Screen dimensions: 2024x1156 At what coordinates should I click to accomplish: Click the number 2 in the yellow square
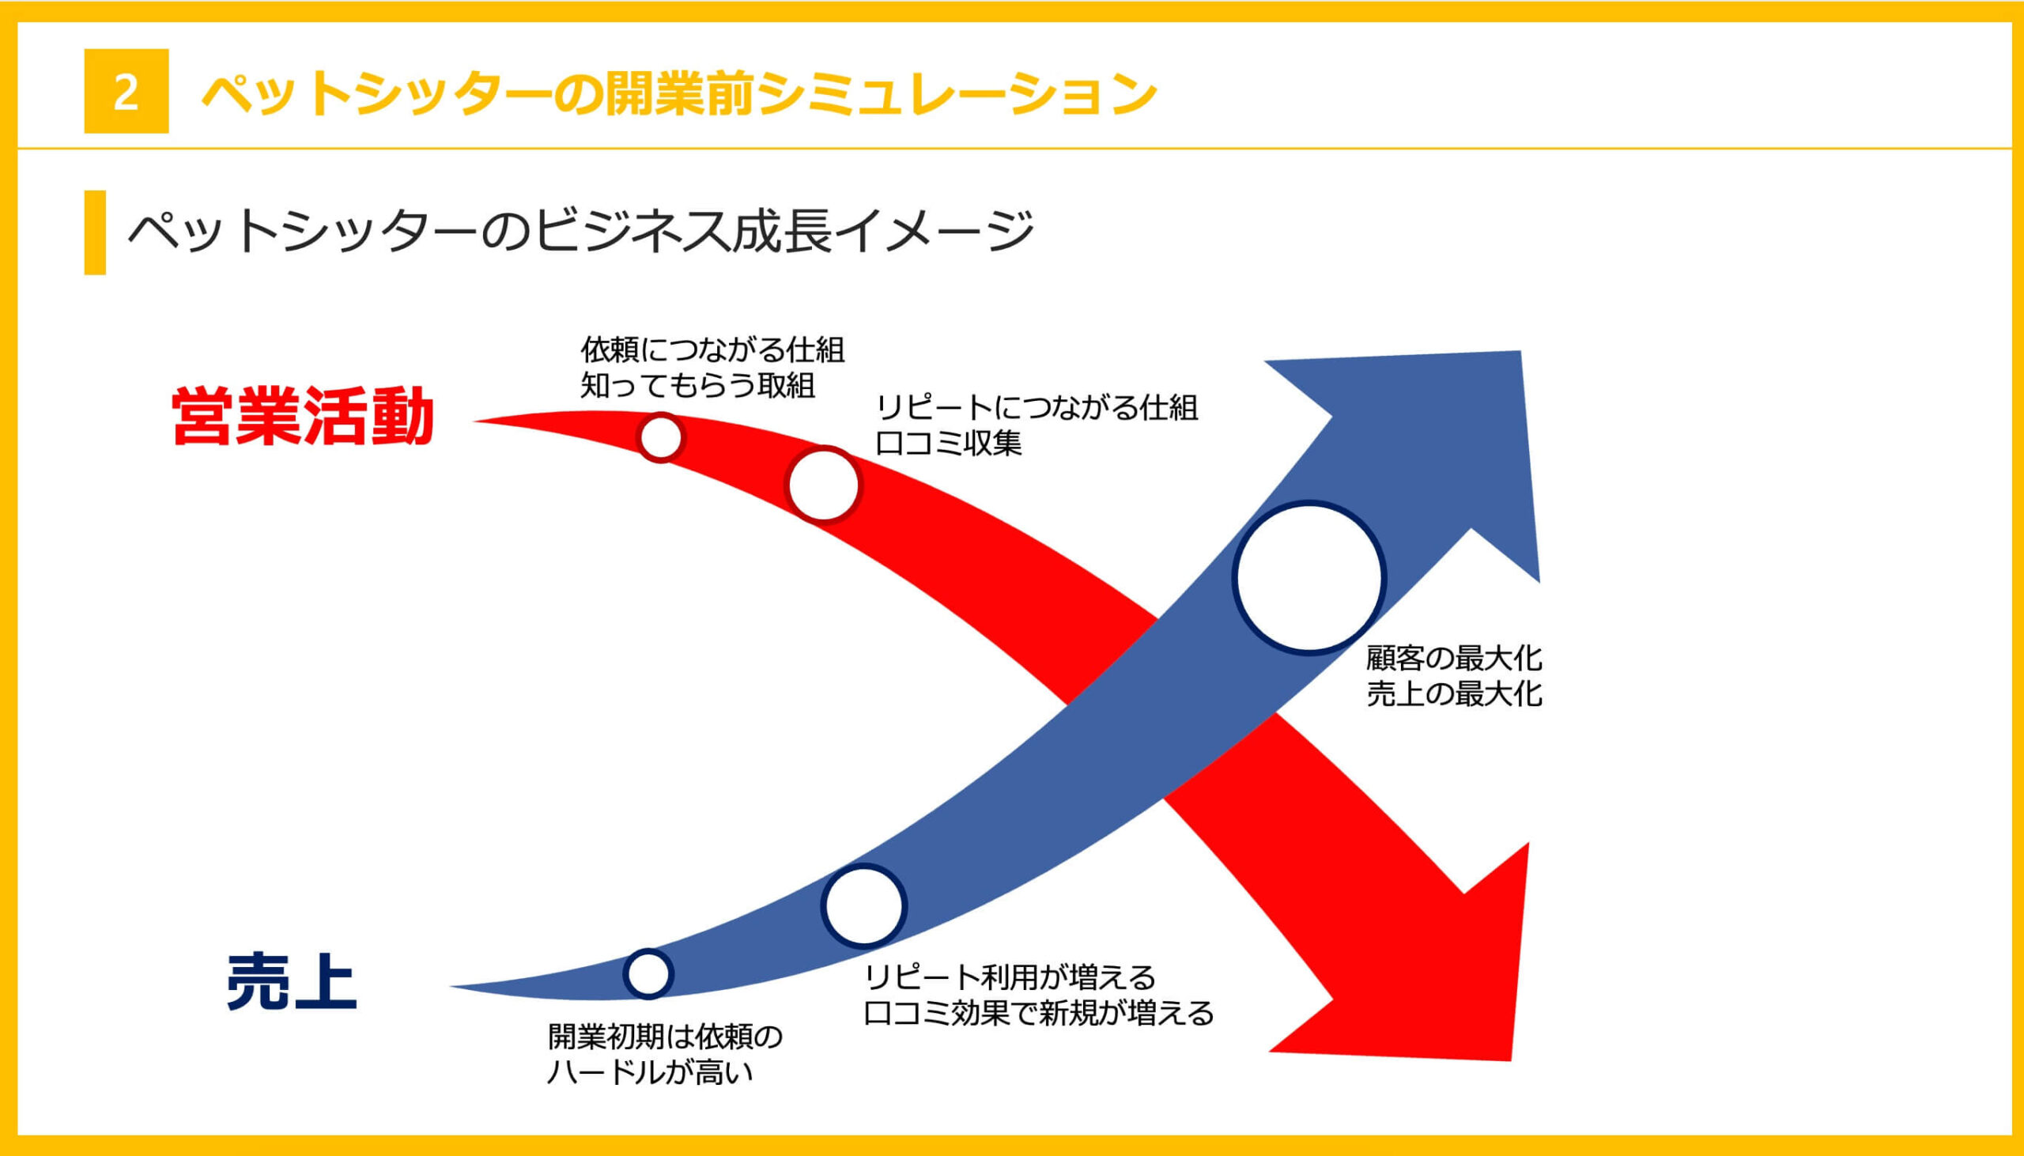click(126, 92)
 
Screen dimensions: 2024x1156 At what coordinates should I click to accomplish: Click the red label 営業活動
click(302, 417)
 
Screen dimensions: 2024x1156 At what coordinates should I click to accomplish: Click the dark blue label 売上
click(291, 982)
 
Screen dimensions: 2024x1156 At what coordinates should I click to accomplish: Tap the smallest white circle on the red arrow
click(660, 436)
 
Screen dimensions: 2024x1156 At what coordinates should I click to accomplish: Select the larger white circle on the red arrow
click(823, 485)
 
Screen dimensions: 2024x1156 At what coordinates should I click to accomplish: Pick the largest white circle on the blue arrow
click(1308, 578)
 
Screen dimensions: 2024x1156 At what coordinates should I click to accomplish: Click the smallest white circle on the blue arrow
click(648, 973)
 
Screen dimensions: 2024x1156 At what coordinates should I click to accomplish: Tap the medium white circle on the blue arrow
click(863, 906)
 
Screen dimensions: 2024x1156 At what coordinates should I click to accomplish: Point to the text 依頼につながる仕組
click(713, 349)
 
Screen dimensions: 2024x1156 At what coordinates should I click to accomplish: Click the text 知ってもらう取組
click(697, 386)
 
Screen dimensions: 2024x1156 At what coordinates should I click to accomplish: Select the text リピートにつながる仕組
click(1037, 407)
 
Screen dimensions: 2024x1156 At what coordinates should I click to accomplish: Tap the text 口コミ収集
click(949, 443)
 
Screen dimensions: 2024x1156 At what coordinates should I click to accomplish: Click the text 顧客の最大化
click(1453, 657)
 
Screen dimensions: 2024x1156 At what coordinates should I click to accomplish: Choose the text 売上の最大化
click(1453, 694)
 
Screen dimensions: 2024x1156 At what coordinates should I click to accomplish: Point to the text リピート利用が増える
click(1010, 977)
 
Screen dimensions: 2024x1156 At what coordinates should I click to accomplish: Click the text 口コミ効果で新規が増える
click(1039, 1013)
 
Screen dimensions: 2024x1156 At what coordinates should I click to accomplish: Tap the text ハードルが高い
click(649, 1073)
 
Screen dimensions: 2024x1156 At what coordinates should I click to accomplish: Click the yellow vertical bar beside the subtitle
click(94, 232)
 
